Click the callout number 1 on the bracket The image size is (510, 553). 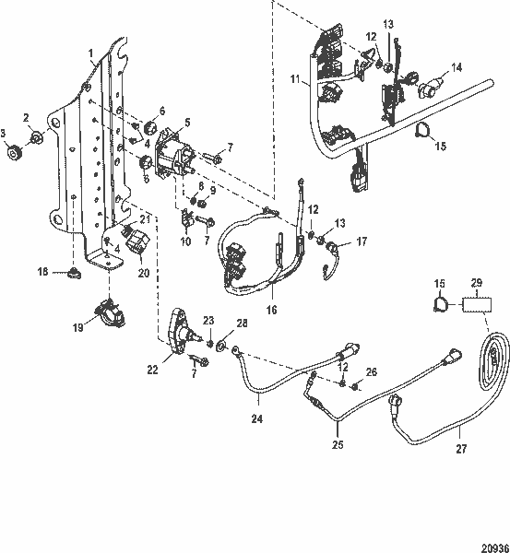(91, 53)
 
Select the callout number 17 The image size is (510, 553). (361, 242)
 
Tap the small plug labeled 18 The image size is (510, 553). (71, 273)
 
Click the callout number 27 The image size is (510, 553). (459, 450)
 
